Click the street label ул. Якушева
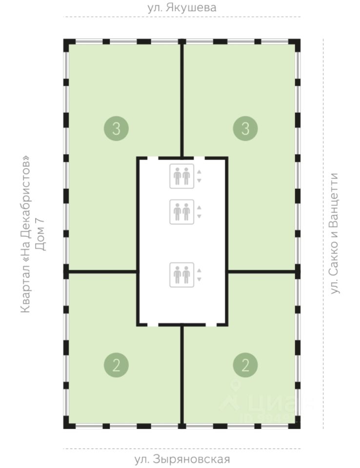[x=181, y=8]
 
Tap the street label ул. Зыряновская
[x=181, y=459]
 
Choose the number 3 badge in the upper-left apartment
[x=116, y=129]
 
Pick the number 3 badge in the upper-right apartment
[x=245, y=129]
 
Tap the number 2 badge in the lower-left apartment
[x=116, y=365]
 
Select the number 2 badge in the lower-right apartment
[x=245, y=365]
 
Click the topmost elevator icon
[x=181, y=176]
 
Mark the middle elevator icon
[x=181, y=212]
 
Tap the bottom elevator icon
[x=181, y=274]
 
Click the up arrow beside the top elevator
[x=199, y=172]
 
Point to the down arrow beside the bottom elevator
[x=199, y=279]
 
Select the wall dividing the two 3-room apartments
[x=181, y=97]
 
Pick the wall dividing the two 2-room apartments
[x=181, y=375]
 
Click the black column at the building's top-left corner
[x=68, y=42]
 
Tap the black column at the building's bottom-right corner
[x=296, y=425]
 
